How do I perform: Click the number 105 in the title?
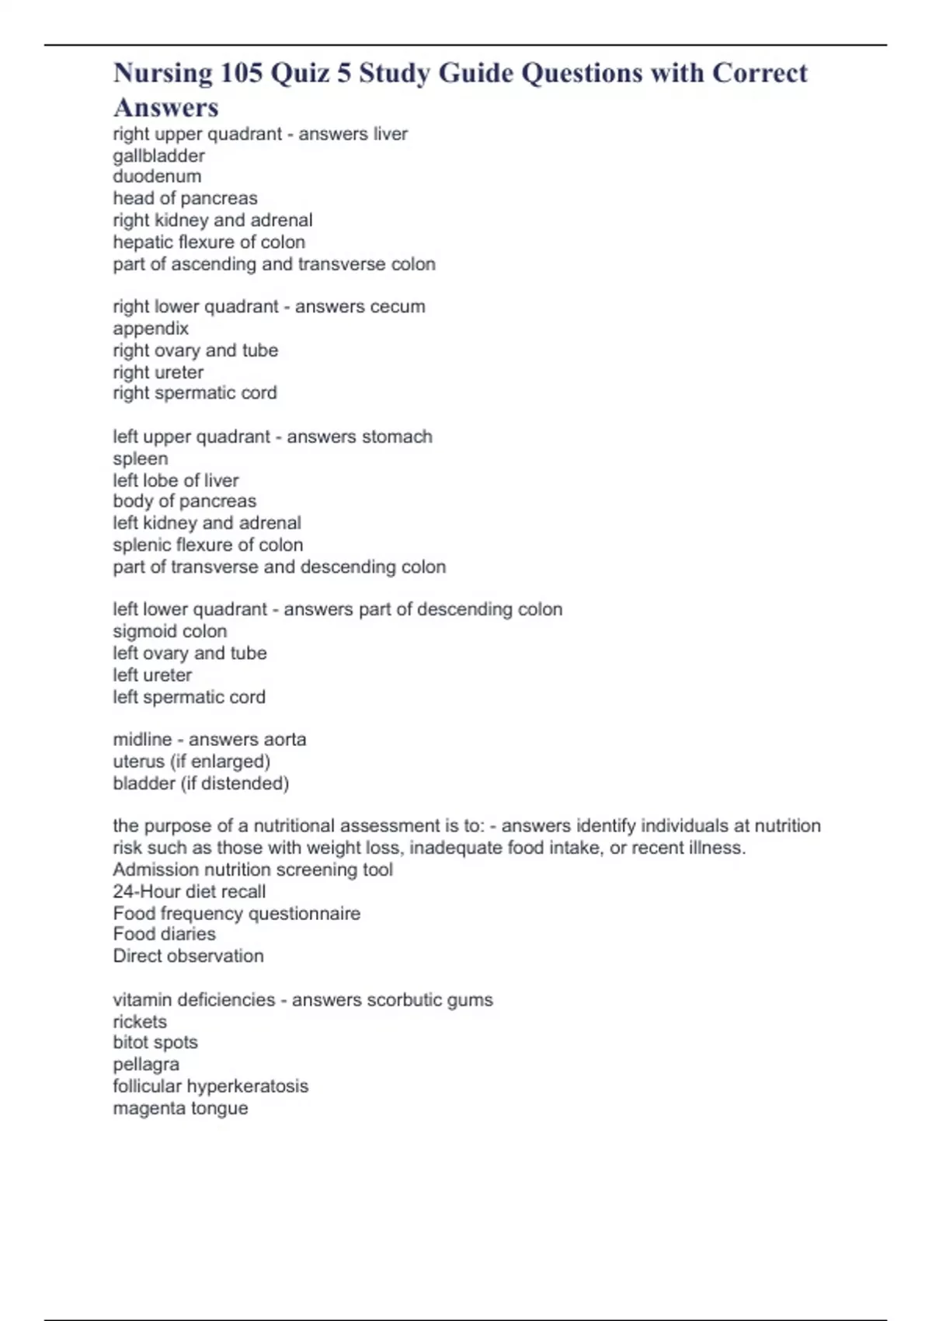[241, 73]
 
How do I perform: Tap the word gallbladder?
[158, 155]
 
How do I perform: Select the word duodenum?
[157, 176]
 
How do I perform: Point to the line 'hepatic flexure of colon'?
[209, 242]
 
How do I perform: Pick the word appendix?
[151, 328]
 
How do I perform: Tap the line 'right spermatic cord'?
[195, 393]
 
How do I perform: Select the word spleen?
[141, 458]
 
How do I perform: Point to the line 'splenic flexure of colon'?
[208, 545]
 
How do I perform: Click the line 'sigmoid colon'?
[170, 631]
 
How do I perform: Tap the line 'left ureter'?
[152, 674]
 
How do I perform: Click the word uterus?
[138, 762]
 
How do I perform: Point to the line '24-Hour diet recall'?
[190, 891]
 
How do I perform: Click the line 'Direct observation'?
[188, 956]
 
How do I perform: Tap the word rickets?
[140, 1021]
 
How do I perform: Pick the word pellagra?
[146, 1065]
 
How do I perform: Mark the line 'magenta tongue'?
[181, 1108]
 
